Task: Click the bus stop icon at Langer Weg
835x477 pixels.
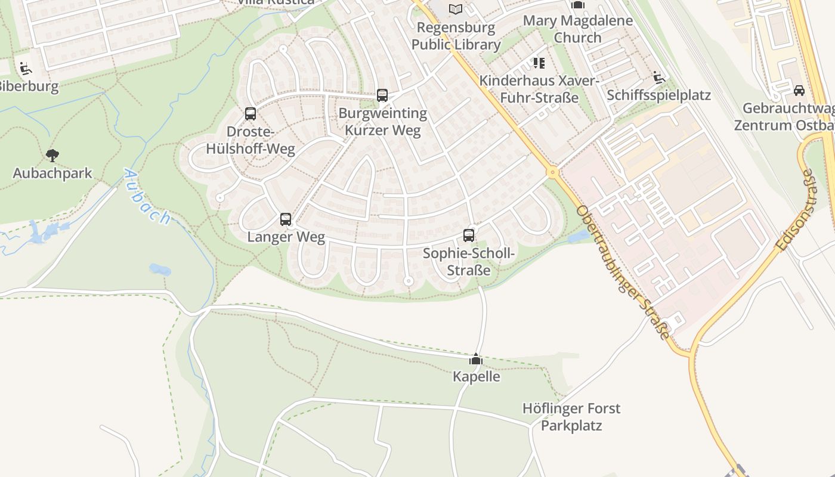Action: [286, 219]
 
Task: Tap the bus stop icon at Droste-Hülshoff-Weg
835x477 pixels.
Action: [250, 113]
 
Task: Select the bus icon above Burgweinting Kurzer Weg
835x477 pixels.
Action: [382, 95]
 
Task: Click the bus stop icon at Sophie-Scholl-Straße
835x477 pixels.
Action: [469, 235]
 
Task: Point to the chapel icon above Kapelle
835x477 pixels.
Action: [476, 359]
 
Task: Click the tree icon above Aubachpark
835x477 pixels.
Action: [52, 156]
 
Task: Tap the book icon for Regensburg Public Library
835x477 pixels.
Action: [456, 9]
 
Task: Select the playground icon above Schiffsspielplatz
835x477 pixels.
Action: [658, 78]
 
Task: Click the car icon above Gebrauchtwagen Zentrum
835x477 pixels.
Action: [799, 91]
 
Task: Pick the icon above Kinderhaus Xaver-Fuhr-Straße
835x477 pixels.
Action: [539, 63]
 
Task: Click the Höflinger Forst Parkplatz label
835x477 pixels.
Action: [571, 417]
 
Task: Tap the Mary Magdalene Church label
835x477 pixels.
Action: [577, 29]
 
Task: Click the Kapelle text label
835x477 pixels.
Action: [476, 377]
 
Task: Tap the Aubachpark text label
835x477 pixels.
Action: [52, 174]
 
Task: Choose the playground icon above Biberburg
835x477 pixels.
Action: [26, 69]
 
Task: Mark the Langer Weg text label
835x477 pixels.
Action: [286, 237]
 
